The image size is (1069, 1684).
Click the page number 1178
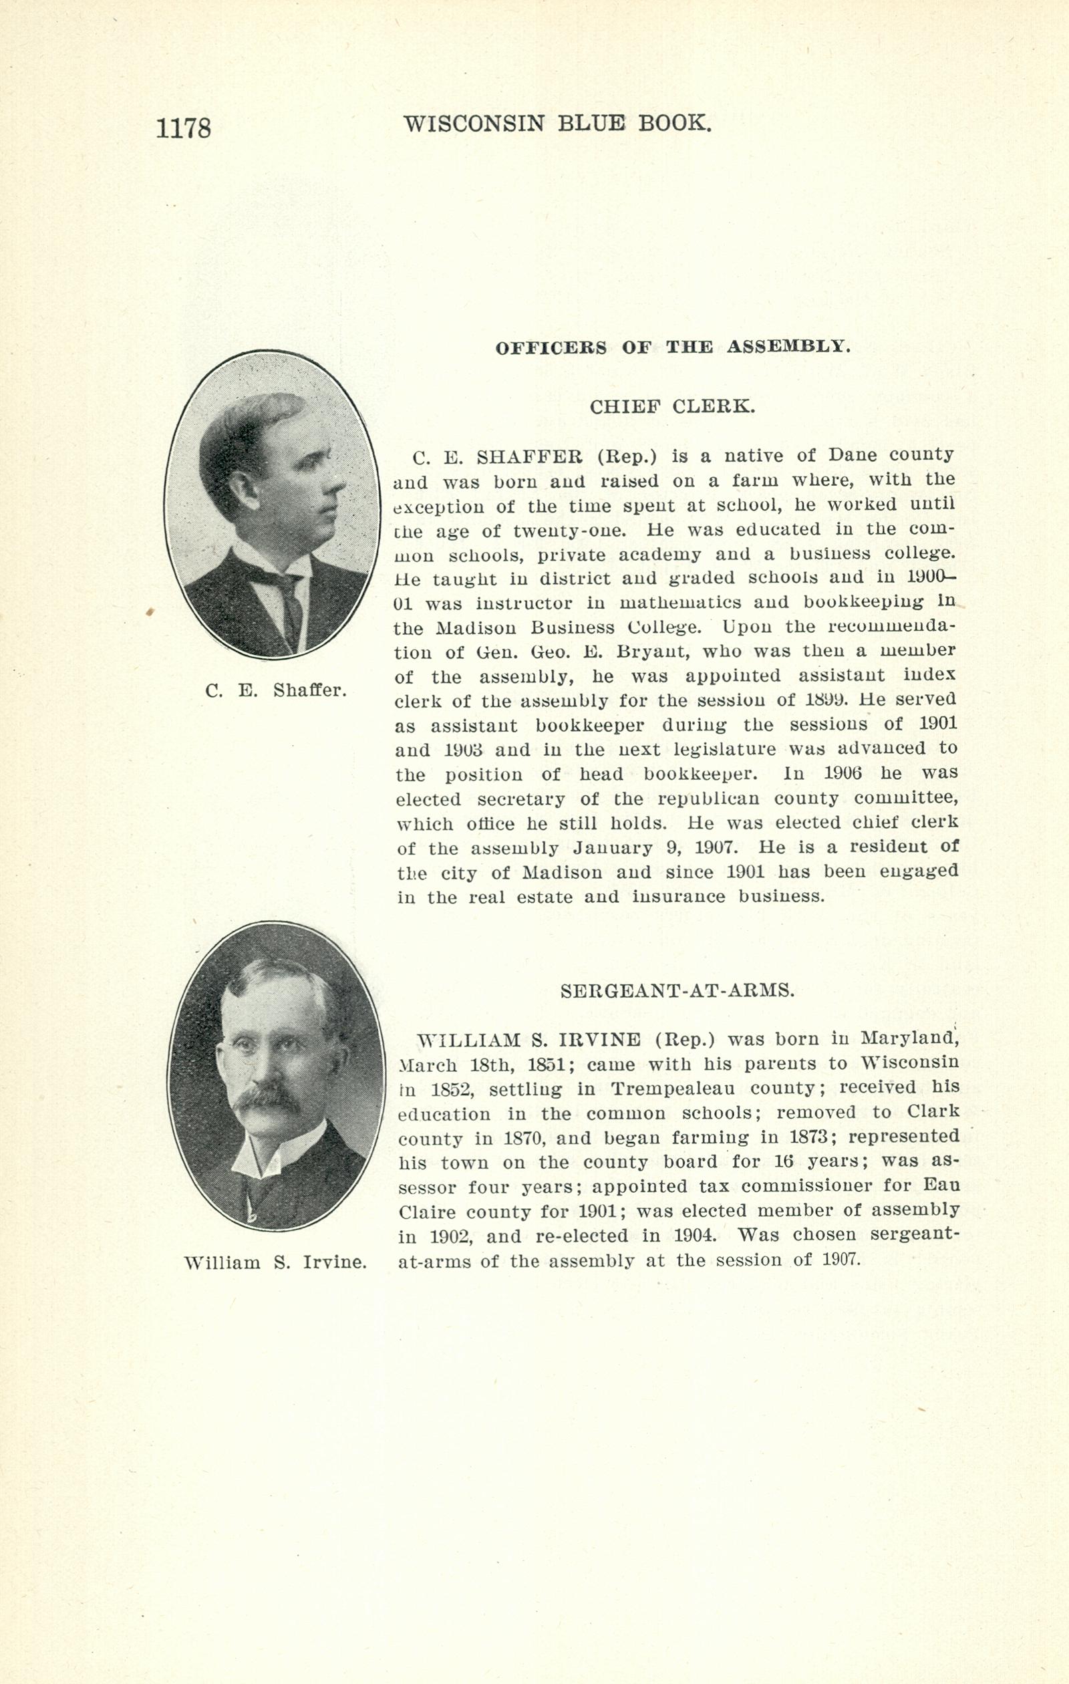point(183,130)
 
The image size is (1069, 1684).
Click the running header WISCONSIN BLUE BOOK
point(557,124)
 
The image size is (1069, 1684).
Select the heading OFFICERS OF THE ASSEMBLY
point(673,347)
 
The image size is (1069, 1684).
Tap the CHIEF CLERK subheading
point(672,407)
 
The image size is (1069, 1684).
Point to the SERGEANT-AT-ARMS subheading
point(677,990)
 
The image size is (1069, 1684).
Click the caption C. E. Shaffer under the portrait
point(275,691)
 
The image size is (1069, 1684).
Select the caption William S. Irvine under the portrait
point(275,1262)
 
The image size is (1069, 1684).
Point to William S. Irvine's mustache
point(269,1097)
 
